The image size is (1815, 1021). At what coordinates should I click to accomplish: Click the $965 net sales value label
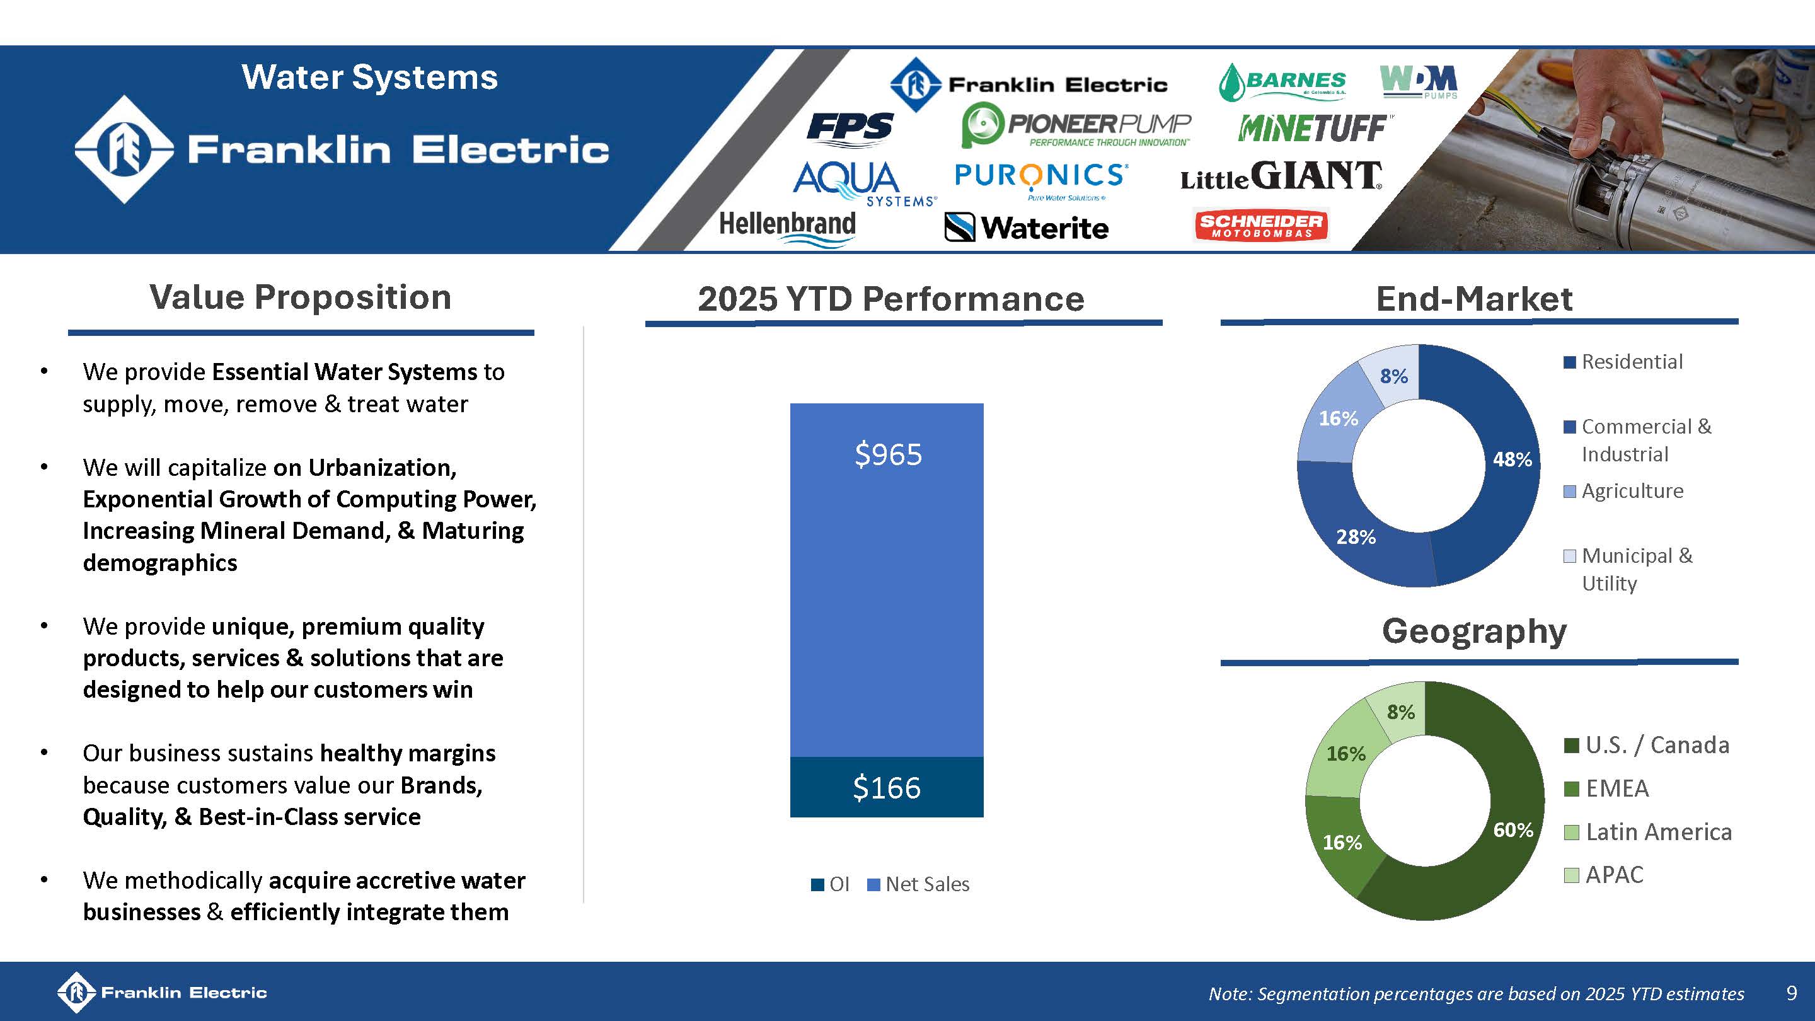coord(888,454)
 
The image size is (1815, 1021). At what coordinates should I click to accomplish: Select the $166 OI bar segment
coord(886,787)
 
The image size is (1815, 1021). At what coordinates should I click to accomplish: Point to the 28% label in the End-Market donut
coord(1356,537)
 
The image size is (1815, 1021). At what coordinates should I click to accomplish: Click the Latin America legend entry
coord(1648,831)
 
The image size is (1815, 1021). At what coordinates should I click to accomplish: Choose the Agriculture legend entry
coord(1623,491)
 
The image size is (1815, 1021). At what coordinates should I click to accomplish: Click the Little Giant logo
coord(1281,176)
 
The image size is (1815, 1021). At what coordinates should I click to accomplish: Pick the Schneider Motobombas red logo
coord(1260,226)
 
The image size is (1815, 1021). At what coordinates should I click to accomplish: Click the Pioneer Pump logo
coord(1076,125)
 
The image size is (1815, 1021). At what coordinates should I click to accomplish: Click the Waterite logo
coord(1026,228)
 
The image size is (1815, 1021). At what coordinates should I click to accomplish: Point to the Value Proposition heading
coord(300,297)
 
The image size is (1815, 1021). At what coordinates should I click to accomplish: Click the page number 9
coord(1792,993)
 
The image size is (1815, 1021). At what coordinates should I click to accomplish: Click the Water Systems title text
coord(369,77)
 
